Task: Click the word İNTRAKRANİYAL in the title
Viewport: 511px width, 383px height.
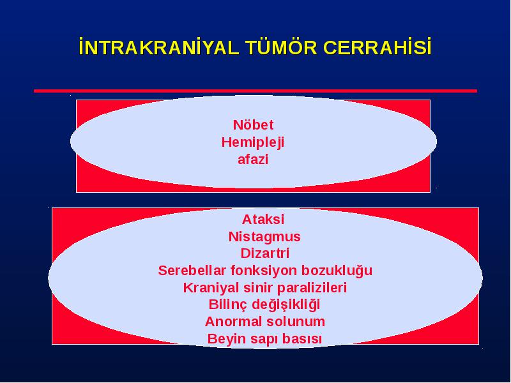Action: (x=159, y=47)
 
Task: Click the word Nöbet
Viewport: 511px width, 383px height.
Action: (x=253, y=124)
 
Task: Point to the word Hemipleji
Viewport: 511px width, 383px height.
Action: (x=253, y=142)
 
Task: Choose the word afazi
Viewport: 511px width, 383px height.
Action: (x=253, y=160)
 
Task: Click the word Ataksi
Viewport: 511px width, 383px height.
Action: (x=263, y=219)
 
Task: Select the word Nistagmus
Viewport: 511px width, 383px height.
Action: (x=264, y=237)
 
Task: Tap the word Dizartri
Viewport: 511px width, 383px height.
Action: (x=265, y=253)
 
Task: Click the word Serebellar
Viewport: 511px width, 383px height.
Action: (x=192, y=271)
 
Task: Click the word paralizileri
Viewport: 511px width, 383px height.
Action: (x=312, y=288)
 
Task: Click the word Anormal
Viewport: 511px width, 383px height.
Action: (x=233, y=322)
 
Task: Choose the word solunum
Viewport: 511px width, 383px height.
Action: (x=296, y=322)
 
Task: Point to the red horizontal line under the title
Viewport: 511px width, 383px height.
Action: (x=256, y=91)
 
